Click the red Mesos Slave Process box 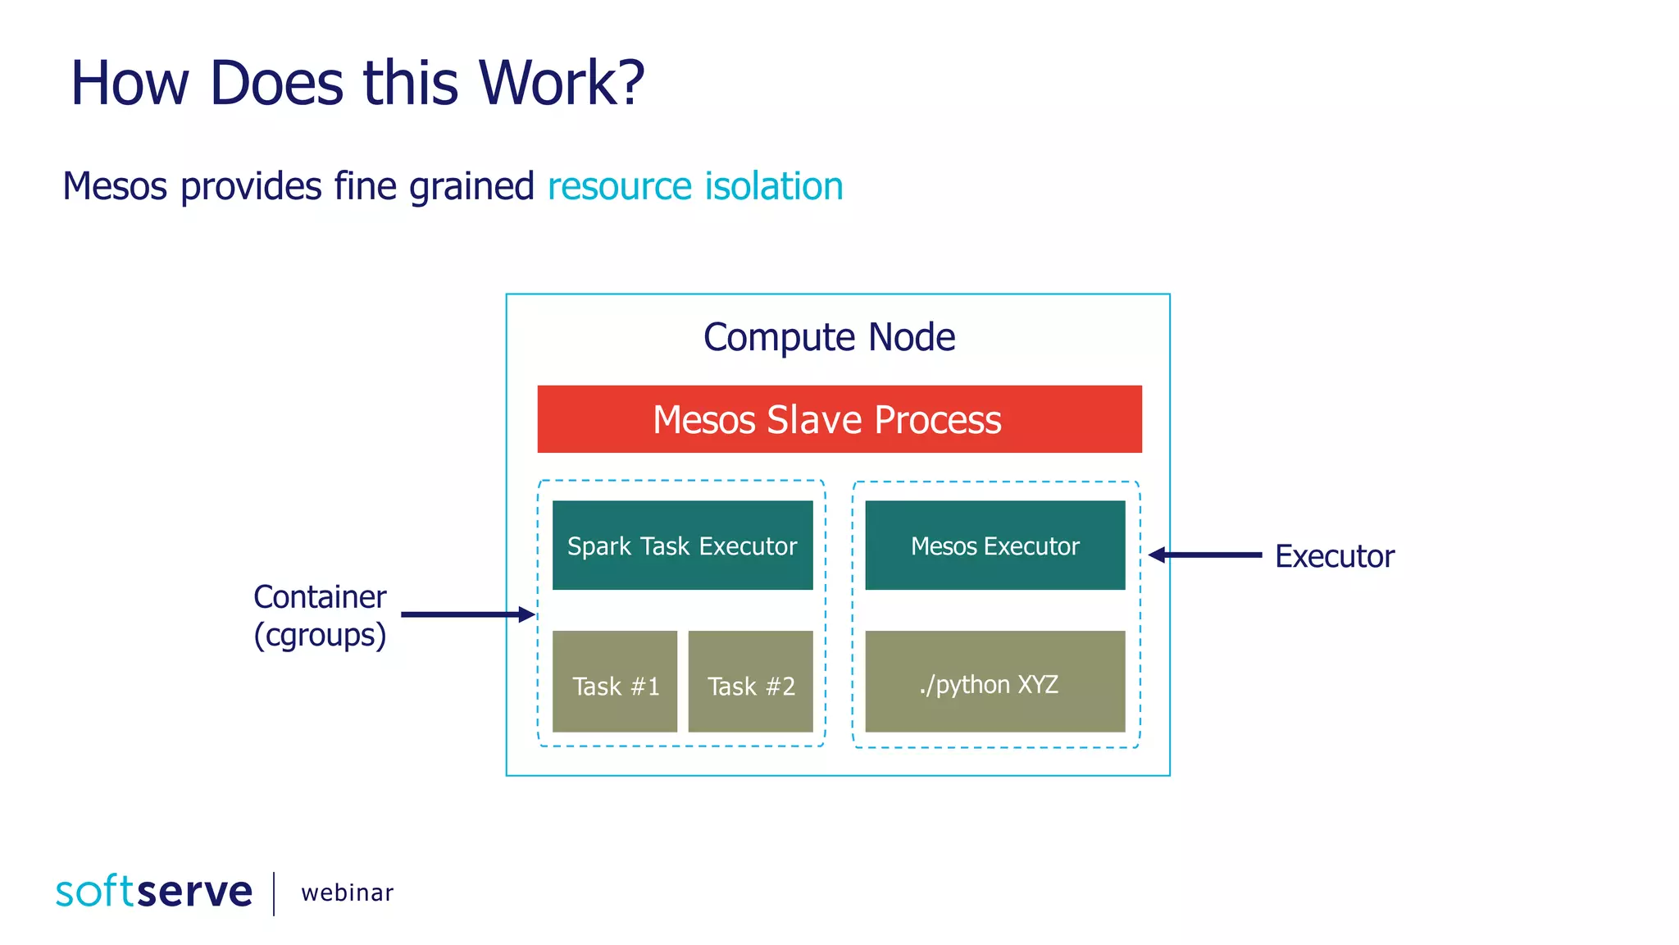[x=839, y=419]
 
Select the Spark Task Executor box [x=682, y=546]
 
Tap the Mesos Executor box [x=994, y=546]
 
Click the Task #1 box [x=615, y=682]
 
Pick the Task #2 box [x=750, y=682]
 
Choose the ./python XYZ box [x=994, y=682]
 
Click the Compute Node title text [x=829, y=337]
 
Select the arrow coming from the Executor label [x=1205, y=555]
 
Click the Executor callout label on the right [x=1334, y=556]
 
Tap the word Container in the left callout [x=320, y=597]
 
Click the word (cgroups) [x=320, y=635]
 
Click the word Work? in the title [x=562, y=83]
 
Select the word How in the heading [x=130, y=83]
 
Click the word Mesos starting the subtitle [x=115, y=186]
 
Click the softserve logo [x=154, y=892]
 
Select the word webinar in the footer [x=347, y=892]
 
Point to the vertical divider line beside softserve [x=274, y=893]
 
